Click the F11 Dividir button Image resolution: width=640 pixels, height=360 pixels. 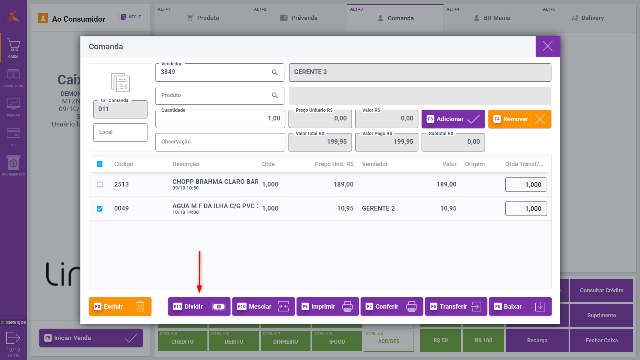click(x=199, y=306)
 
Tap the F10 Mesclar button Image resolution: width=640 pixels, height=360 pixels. click(x=263, y=306)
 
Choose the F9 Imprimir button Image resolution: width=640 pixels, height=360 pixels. click(x=327, y=306)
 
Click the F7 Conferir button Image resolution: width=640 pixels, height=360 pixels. click(x=392, y=306)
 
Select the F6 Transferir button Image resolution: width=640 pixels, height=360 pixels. click(x=456, y=306)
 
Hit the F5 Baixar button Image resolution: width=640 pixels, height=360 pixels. click(x=520, y=306)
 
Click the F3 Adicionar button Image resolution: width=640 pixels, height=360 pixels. click(x=453, y=119)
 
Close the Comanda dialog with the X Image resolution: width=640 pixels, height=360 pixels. click(x=548, y=46)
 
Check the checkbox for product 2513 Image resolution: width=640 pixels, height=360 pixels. click(x=99, y=185)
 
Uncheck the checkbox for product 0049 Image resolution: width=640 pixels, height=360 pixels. click(x=99, y=209)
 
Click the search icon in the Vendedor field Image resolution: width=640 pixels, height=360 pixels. click(x=275, y=72)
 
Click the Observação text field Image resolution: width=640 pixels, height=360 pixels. click(x=220, y=142)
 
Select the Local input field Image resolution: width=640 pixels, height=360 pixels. click(x=120, y=132)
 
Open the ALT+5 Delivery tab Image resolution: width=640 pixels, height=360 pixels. click(x=588, y=18)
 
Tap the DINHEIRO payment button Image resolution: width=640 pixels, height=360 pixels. click(x=285, y=341)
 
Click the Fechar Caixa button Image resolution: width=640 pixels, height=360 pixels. click(x=601, y=340)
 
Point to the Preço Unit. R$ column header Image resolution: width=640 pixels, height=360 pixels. click(x=334, y=164)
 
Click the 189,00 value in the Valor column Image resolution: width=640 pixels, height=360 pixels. click(x=446, y=185)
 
